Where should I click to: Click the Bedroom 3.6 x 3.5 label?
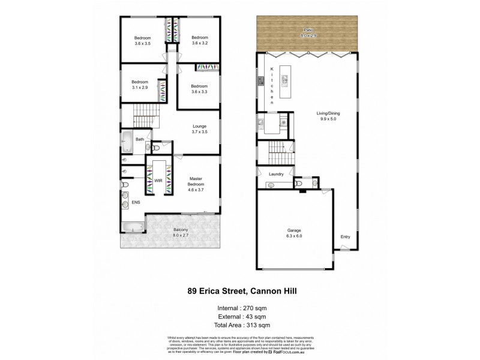[142, 40]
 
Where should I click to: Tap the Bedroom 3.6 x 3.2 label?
[199, 40]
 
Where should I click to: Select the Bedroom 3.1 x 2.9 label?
[140, 85]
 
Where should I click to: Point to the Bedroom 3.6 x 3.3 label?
[199, 89]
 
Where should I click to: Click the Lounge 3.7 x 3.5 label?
[199, 129]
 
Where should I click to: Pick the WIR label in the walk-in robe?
[158, 179]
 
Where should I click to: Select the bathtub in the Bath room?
[127, 142]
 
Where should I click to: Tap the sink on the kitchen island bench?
[284, 77]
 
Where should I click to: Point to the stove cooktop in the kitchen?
[261, 80]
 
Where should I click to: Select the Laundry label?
[276, 174]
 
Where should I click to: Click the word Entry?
[344, 236]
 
